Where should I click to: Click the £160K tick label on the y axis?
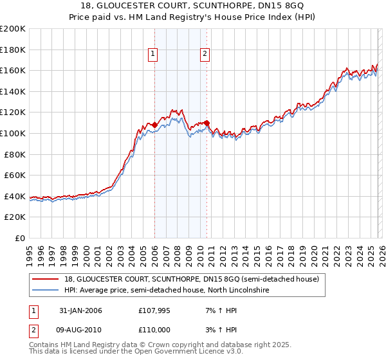pyautogui.click(x=13, y=70)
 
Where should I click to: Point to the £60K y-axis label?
pyautogui.click(x=15, y=175)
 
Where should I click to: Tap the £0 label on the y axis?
pyautogui.click(x=21, y=238)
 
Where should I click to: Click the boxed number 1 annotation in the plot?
pyautogui.click(x=154, y=55)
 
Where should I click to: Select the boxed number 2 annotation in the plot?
pyautogui.click(x=205, y=55)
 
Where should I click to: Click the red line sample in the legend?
pyautogui.click(x=46, y=279)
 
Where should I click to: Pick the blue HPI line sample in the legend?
pyautogui.click(x=46, y=291)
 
